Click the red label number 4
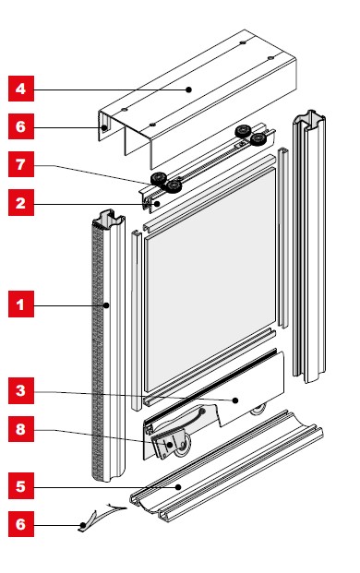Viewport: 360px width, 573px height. pyautogui.click(x=21, y=89)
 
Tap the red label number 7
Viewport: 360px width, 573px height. pyautogui.click(x=21, y=164)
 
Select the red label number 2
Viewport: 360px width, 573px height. pyautogui.click(x=21, y=202)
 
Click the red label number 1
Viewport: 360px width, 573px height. pyautogui.click(x=21, y=304)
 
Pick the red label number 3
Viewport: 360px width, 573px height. pyautogui.click(x=21, y=390)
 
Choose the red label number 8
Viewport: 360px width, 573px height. pyautogui.click(x=21, y=429)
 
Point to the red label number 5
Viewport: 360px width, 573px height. pyautogui.click(x=21, y=486)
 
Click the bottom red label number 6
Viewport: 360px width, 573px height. pyautogui.click(x=21, y=524)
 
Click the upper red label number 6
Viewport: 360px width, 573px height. pyautogui.click(x=21, y=126)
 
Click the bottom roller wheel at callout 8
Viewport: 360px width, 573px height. pyautogui.click(x=183, y=448)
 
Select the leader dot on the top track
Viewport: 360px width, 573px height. pyautogui.click(x=188, y=90)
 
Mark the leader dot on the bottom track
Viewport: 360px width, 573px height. pyautogui.click(x=178, y=487)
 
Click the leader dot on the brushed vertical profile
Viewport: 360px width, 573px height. pyautogui.click(x=106, y=305)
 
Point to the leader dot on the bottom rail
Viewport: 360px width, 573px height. pyautogui.click(x=235, y=400)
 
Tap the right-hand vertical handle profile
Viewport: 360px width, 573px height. pyautogui.click(x=309, y=246)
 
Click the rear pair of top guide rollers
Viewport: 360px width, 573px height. pyautogui.click(x=250, y=135)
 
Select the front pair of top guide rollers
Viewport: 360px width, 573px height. pyautogui.click(x=166, y=182)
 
